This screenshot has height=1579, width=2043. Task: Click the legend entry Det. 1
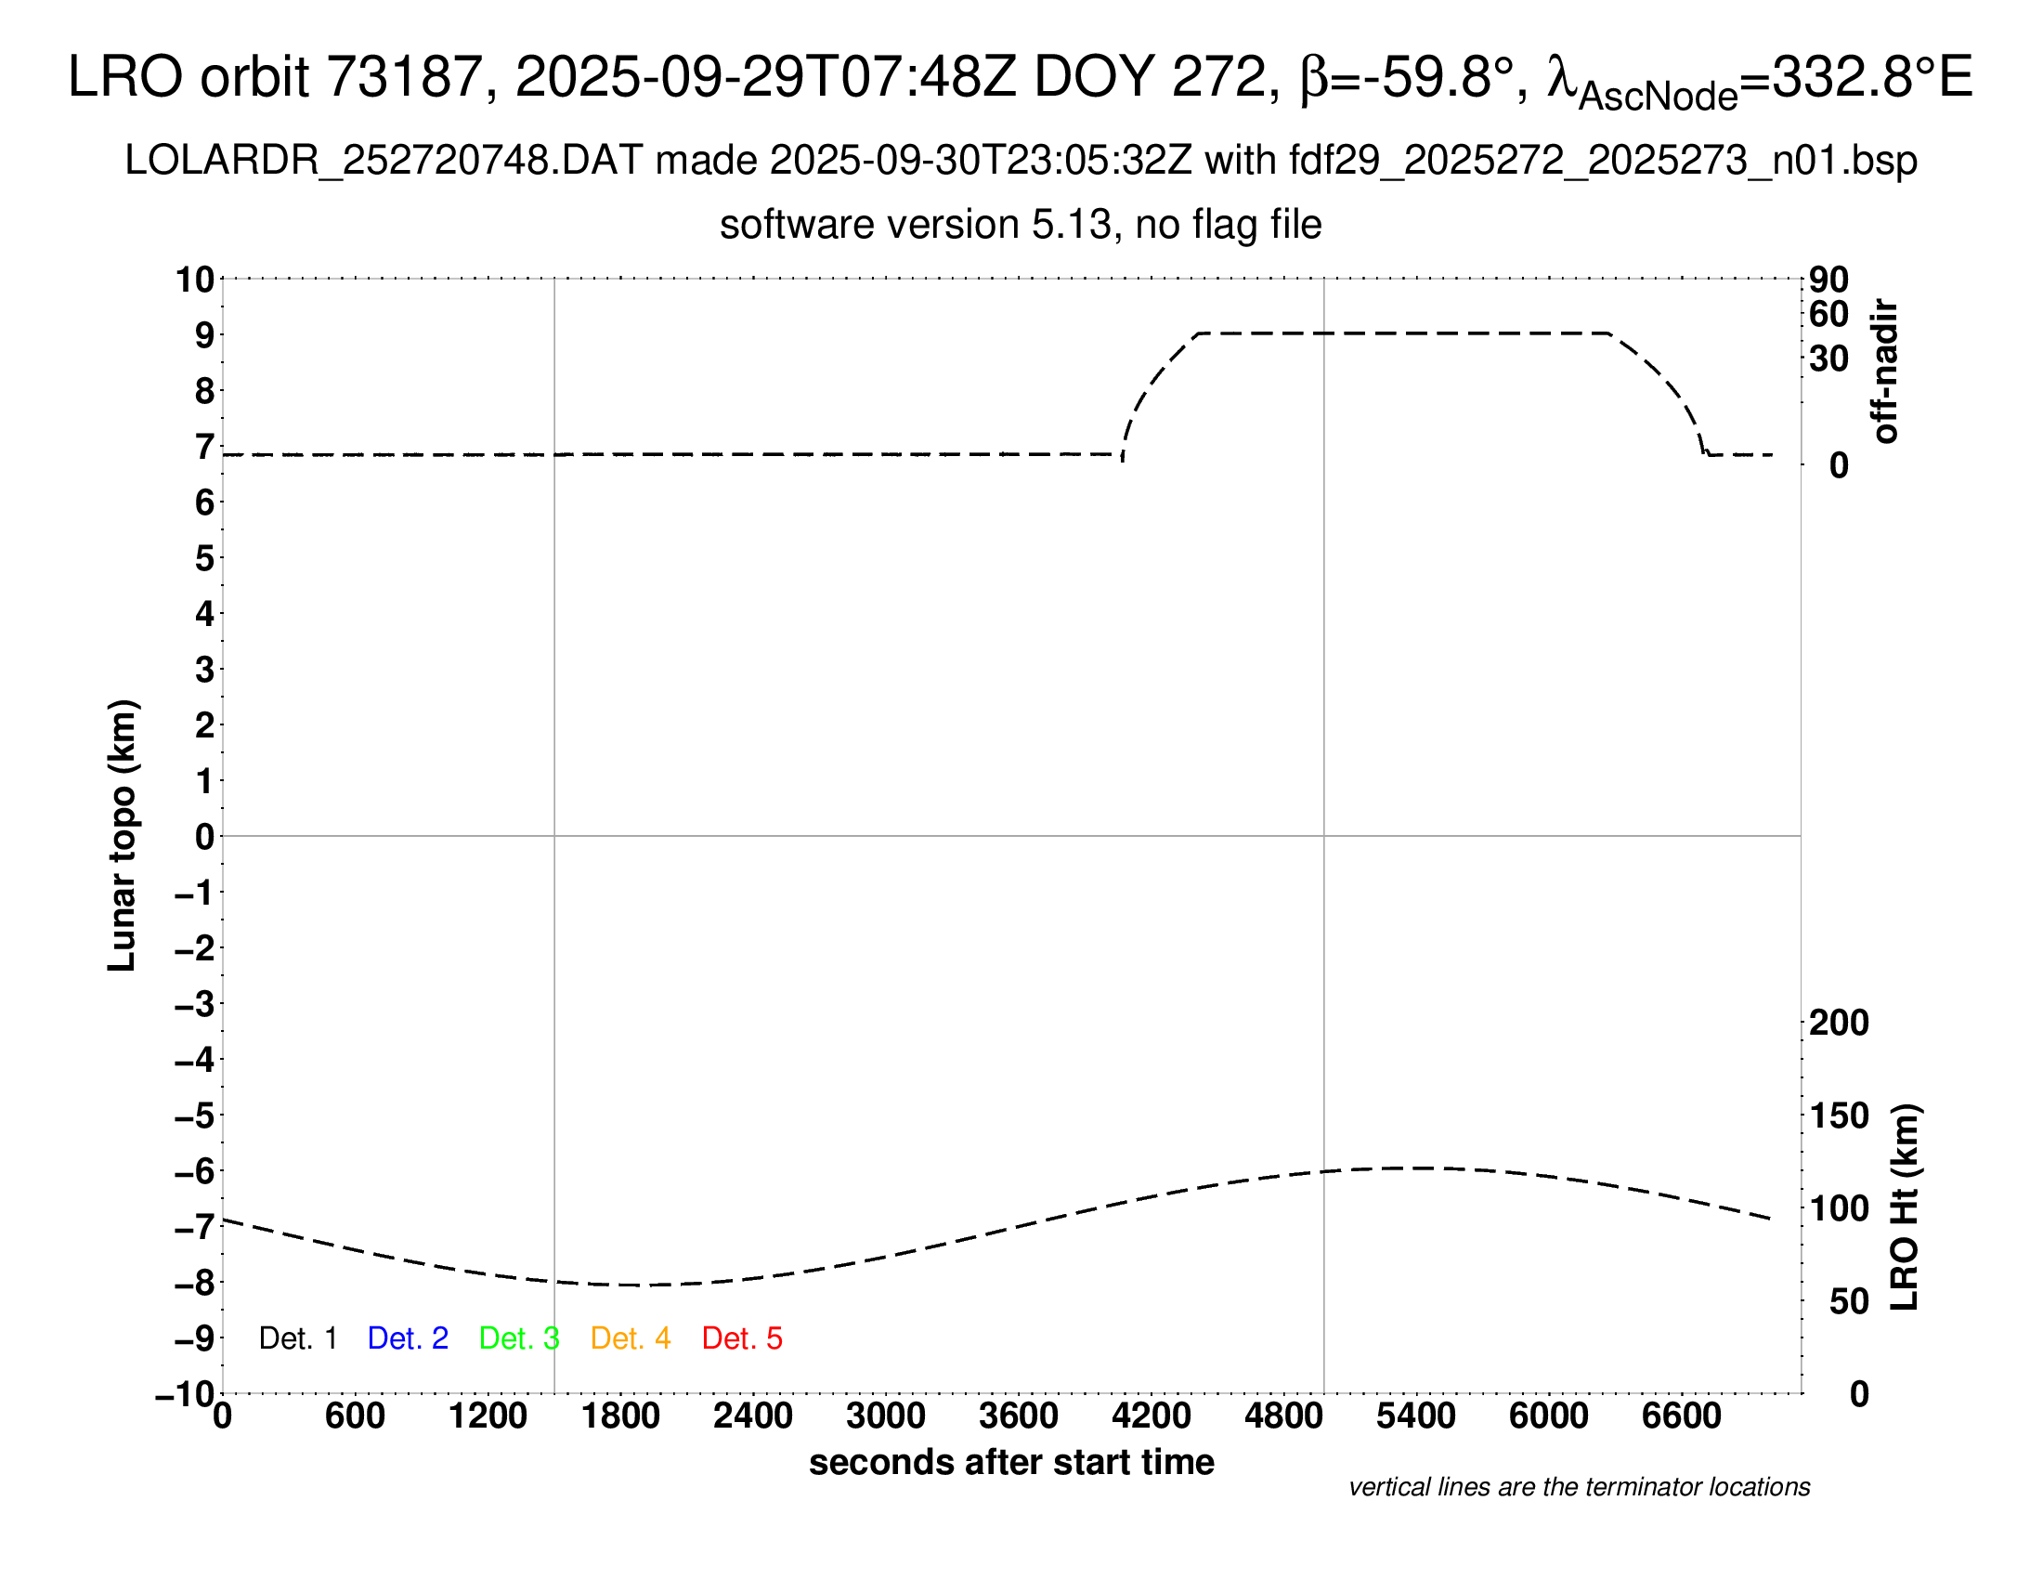point(297,1338)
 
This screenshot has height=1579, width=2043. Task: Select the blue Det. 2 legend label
point(408,1338)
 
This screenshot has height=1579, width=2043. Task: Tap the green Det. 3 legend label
point(519,1338)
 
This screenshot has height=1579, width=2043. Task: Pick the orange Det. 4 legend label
point(631,1338)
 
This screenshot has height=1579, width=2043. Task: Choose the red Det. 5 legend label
point(742,1338)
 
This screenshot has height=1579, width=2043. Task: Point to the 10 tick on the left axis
point(196,280)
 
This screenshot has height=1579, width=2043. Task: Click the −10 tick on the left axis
point(185,1395)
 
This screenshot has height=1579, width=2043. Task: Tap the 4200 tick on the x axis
point(1152,1416)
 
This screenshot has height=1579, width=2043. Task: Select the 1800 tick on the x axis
point(620,1416)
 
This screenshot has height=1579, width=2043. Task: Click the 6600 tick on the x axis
point(1682,1416)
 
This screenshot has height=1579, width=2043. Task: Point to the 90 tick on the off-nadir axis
point(1829,280)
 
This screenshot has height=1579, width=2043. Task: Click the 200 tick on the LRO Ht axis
point(1839,1023)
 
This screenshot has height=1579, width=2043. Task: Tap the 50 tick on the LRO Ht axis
point(1849,1301)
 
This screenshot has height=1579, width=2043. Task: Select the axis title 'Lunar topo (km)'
point(123,835)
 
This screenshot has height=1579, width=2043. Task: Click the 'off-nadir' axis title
point(1886,372)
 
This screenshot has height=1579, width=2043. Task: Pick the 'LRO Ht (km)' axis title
point(1905,1207)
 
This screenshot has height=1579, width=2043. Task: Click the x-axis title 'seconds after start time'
point(1011,1462)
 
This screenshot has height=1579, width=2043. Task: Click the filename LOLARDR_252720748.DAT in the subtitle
point(384,161)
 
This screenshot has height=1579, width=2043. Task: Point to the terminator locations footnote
point(1579,1487)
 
